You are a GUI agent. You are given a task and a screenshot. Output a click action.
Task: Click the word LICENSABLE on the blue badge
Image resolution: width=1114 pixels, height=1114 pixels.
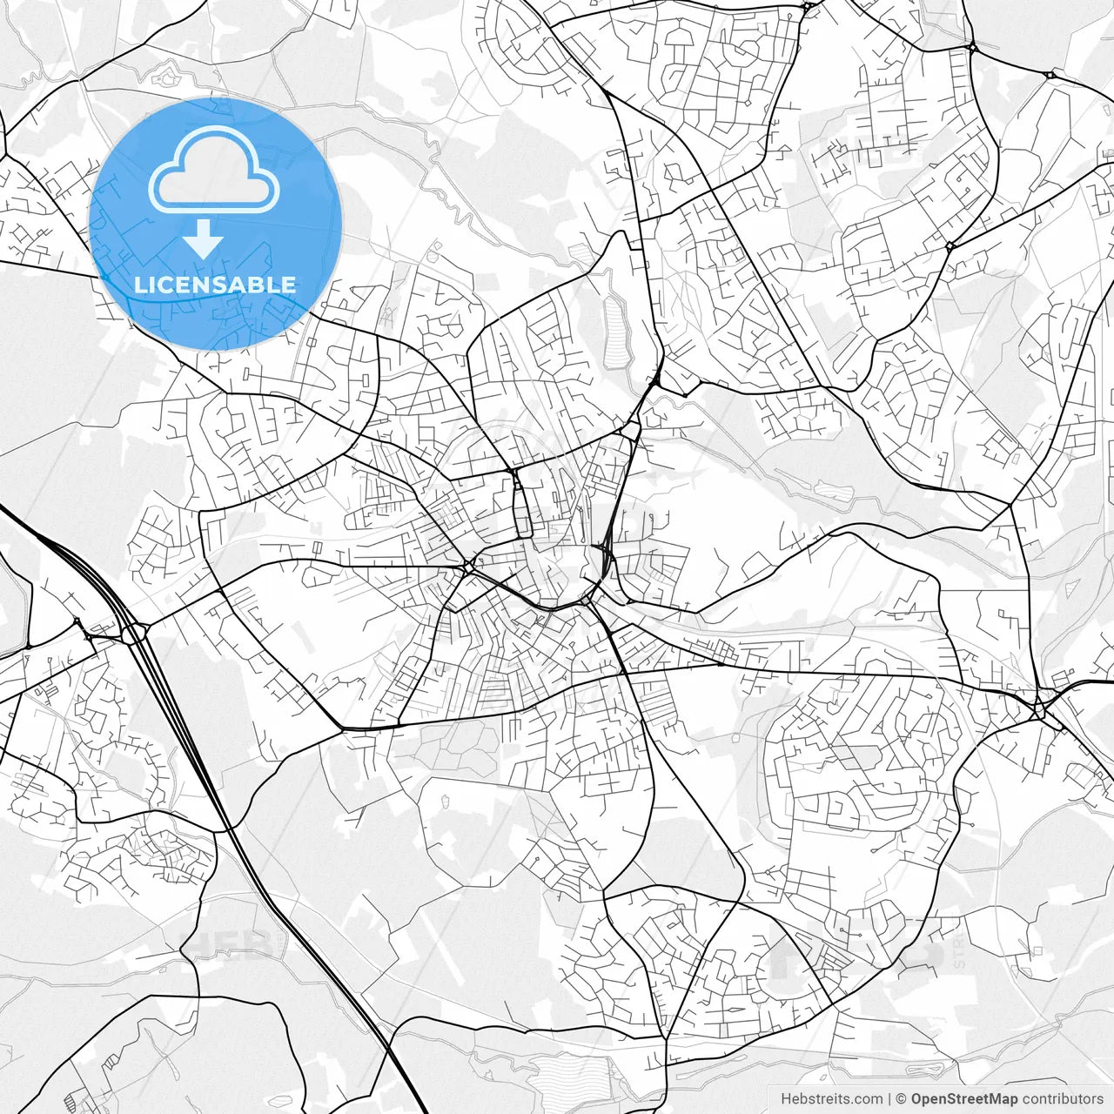click(215, 285)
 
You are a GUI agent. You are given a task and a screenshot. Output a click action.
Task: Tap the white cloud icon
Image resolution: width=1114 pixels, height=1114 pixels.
click(214, 171)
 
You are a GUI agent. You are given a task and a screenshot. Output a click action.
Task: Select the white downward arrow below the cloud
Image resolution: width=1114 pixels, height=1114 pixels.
click(204, 238)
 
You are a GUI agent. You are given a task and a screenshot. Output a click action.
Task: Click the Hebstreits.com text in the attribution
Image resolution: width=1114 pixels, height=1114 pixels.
click(831, 1099)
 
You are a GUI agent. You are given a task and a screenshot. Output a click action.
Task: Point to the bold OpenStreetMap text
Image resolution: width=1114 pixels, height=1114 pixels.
click(964, 1099)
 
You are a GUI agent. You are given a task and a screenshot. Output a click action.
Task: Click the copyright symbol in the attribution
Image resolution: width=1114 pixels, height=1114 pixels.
click(902, 1099)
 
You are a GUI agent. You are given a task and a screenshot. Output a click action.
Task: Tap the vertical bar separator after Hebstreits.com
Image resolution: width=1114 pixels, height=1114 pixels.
click(889, 1099)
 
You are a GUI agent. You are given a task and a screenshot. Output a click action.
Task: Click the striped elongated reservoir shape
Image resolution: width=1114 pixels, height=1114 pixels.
click(617, 332)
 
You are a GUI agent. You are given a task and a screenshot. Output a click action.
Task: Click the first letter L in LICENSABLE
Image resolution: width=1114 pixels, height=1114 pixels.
click(139, 285)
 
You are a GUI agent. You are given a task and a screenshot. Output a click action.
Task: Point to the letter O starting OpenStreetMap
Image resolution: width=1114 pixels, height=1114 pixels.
click(917, 1099)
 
